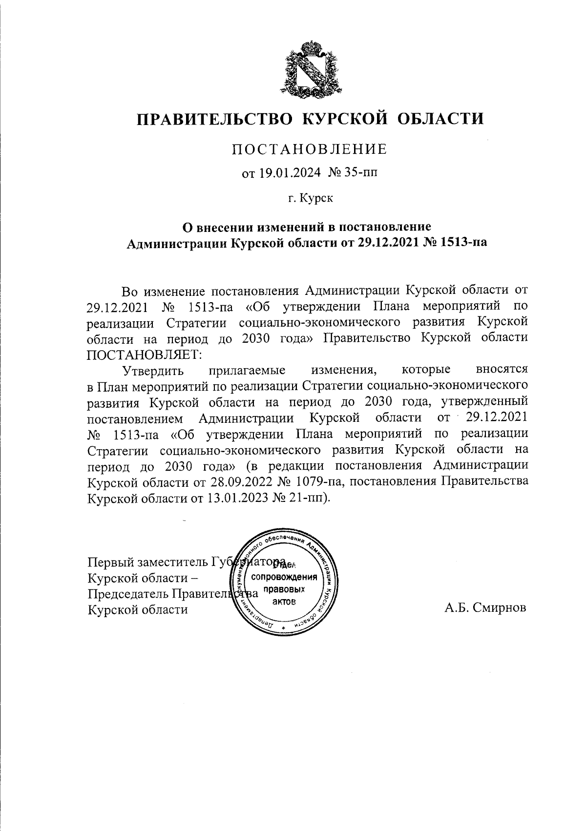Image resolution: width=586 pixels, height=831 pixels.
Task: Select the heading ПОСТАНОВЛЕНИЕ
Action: point(309,149)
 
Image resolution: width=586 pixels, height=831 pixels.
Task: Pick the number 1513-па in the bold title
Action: point(463,243)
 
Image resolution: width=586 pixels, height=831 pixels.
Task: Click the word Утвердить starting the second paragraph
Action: point(153,370)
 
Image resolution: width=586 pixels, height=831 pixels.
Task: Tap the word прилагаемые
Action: point(247,370)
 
